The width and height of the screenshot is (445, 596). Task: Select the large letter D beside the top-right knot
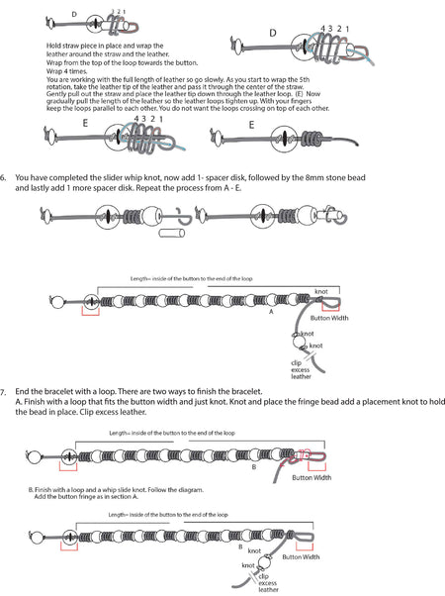click(x=273, y=33)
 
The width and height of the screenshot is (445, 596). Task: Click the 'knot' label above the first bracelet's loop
click(x=320, y=291)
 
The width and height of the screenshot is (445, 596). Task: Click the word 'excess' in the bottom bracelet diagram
click(x=270, y=584)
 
